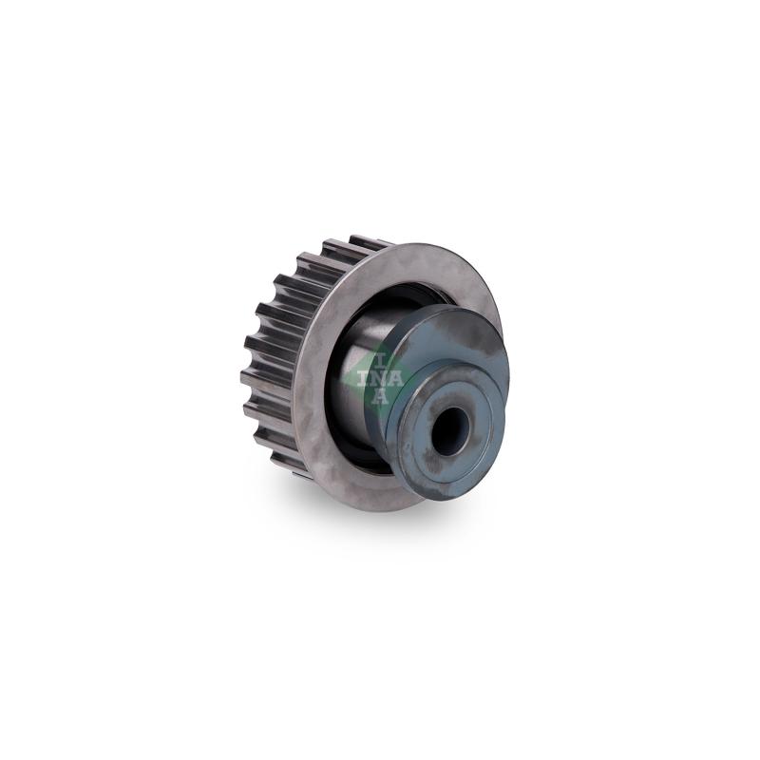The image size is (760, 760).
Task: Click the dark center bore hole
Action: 450,430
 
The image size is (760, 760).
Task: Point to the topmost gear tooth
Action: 370,242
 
